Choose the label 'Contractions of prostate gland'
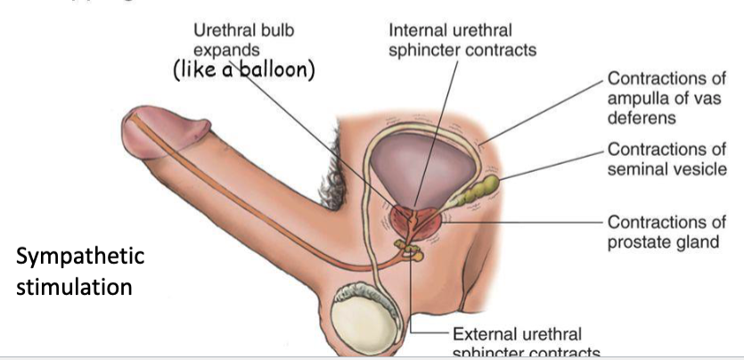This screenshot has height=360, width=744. pos(663,231)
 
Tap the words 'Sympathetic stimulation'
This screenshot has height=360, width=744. pos(80,271)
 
